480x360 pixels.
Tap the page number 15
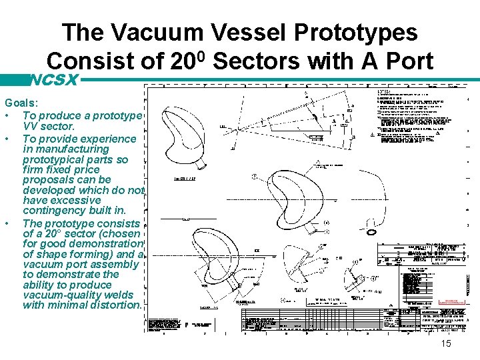point(446,343)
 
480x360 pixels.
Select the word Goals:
point(21,105)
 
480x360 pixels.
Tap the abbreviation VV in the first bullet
point(31,126)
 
